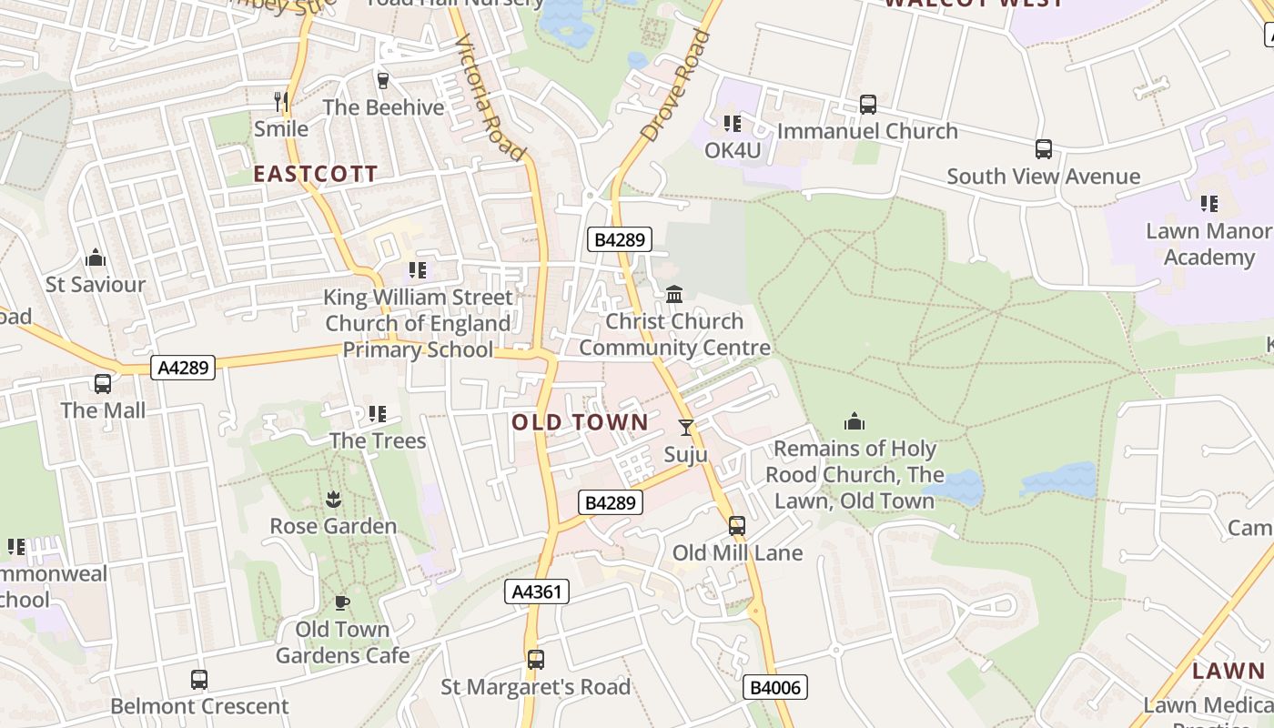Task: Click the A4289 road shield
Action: click(184, 368)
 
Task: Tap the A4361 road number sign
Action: click(537, 591)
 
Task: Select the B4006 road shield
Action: click(775, 687)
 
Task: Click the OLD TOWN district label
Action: click(580, 422)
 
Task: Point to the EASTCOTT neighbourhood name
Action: click(315, 175)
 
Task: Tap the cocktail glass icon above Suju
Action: click(686, 427)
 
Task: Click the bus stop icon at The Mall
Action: click(103, 384)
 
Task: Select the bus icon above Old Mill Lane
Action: click(737, 526)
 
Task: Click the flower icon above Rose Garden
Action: click(333, 499)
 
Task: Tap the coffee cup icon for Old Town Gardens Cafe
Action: click(342, 602)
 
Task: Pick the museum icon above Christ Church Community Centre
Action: click(674, 295)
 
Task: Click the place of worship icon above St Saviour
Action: click(96, 258)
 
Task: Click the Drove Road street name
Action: click(675, 86)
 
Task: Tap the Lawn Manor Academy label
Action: click(1208, 244)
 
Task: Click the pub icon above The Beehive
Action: click(383, 81)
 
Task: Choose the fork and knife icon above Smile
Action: click(281, 101)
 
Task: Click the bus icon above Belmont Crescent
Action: click(199, 679)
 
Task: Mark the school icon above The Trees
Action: click(377, 415)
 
